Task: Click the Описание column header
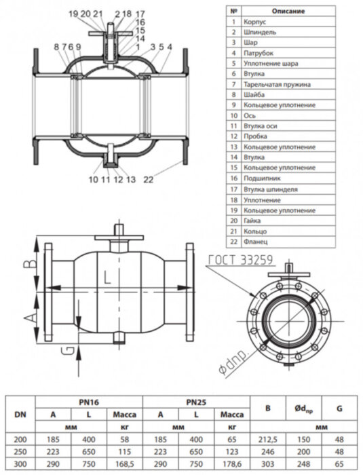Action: (x=288, y=12)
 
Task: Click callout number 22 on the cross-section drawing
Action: (x=149, y=179)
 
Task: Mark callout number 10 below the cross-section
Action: (x=92, y=179)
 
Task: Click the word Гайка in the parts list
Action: (x=252, y=220)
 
